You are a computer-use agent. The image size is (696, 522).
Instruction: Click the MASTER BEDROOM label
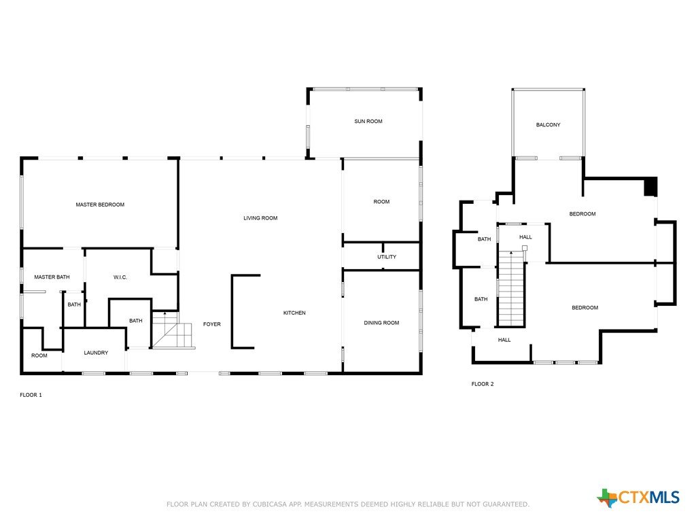click(100, 205)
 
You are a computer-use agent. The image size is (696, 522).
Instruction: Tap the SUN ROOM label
click(368, 121)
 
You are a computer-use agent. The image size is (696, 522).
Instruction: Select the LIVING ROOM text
click(260, 218)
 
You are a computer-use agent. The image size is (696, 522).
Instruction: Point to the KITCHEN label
click(294, 313)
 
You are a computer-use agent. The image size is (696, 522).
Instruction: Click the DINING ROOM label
click(381, 323)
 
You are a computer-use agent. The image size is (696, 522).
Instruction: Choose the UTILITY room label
click(387, 257)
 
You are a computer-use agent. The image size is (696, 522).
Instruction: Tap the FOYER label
click(212, 324)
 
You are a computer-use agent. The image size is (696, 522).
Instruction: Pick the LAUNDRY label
click(96, 353)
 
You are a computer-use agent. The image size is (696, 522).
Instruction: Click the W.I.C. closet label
click(120, 277)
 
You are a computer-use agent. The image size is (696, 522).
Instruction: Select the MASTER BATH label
click(52, 277)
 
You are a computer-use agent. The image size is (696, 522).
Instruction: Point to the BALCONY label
click(549, 125)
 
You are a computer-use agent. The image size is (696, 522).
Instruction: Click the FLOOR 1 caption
click(31, 395)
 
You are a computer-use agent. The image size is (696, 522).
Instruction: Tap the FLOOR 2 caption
click(483, 384)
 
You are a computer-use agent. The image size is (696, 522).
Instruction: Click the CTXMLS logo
click(638, 498)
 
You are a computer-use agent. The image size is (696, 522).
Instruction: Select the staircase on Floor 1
click(173, 330)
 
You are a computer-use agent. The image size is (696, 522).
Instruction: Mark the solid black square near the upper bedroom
click(650, 186)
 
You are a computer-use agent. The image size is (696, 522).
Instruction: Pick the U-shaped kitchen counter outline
click(232, 311)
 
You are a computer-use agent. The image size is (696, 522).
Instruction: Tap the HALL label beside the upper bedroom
click(525, 237)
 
